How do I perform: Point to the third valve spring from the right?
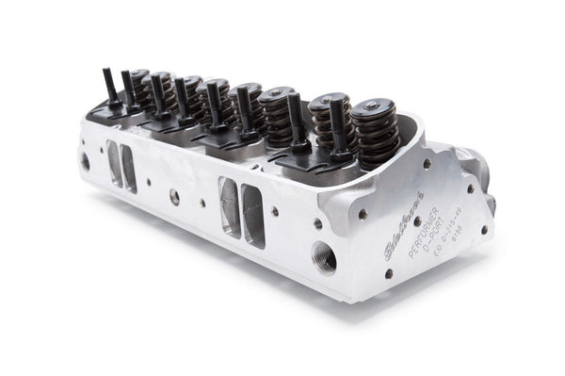279,113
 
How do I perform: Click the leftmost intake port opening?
114,163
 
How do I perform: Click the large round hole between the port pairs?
174,196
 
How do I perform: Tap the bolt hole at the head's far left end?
85,160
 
